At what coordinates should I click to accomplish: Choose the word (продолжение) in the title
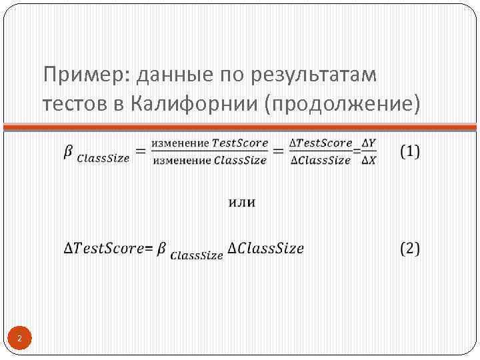(x=343, y=103)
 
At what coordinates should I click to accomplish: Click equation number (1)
(x=410, y=151)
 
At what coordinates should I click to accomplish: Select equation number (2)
(x=410, y=249)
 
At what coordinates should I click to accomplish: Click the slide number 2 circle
(x=20, y=339)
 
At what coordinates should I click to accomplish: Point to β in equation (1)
(x=68, y=152)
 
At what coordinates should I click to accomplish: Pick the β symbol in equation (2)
(x=163, y=248)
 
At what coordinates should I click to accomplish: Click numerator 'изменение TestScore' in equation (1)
(x=209, y=143)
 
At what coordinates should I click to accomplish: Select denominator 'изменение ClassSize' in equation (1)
(x=209, y=160)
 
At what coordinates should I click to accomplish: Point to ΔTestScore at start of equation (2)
(x=104, y=249)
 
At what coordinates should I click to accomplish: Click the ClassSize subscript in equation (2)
(x=197, y=255)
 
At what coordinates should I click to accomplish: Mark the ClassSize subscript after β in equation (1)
(x=103, y=159)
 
